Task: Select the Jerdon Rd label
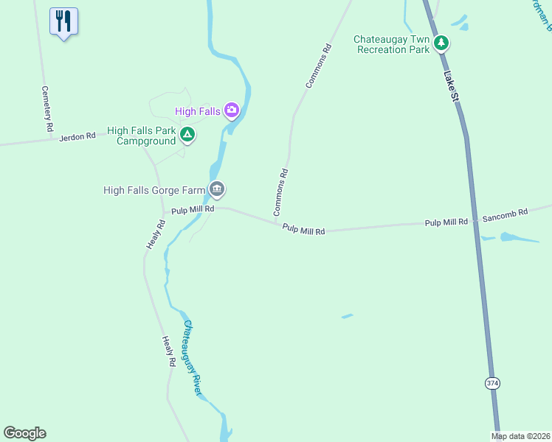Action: [77, 136]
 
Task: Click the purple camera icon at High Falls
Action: [232, 110]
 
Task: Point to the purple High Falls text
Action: [198, 111]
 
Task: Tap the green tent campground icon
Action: [187, 134]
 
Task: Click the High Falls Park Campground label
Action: [142, 136]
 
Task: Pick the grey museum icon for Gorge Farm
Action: [216, 189]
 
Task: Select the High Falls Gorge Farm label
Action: [153, 190]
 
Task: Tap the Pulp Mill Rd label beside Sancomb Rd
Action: [446, 222]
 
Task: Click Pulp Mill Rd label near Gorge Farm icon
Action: [192, 210]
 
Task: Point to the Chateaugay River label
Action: [192, 357]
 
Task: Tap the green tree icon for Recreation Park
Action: [441, 43]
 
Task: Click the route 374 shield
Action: [492, 383]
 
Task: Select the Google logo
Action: [24, 433]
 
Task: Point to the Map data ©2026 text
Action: [520, 436]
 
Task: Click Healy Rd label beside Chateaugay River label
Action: [168, 352]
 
